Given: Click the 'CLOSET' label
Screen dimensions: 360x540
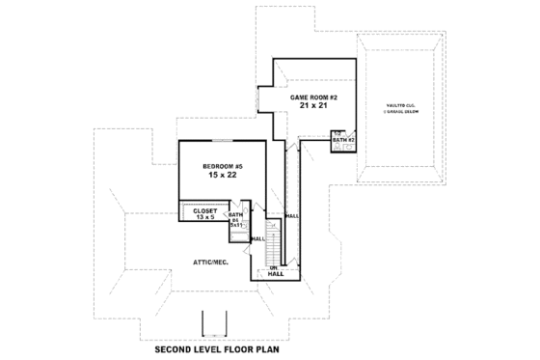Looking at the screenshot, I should pyautogui.click(x=204, y=210).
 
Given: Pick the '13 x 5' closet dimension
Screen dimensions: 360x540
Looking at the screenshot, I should pyautogui.click(x=204, y=218).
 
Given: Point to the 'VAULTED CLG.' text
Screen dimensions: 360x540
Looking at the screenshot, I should pyautogui.click(x=400, y=104).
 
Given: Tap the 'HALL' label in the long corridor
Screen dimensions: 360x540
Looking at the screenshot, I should pyautogui.click(x=291, y=216).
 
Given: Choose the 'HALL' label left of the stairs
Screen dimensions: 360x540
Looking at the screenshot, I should pyautogui.click(x=257, y=237).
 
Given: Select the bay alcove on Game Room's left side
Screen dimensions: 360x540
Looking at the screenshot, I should pyautogui.click(x=265, y=100).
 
